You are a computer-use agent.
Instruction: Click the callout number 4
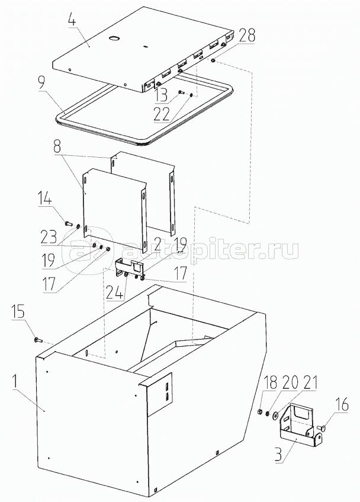point(72,20)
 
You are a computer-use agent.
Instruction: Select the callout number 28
point(246,36)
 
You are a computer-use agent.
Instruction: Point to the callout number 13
point(162,95)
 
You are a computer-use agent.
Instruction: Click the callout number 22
point(162,114)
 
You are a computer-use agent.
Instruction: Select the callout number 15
point(18,312)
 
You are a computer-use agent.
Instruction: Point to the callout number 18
point(271,383)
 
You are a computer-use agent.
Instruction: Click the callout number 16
point(342,405)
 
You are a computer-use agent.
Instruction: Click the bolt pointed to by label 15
point(38,340)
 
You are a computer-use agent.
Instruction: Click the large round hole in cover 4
point(114,39)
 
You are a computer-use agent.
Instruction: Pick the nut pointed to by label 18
point(261,411)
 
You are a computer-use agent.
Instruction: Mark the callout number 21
point(308,383)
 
